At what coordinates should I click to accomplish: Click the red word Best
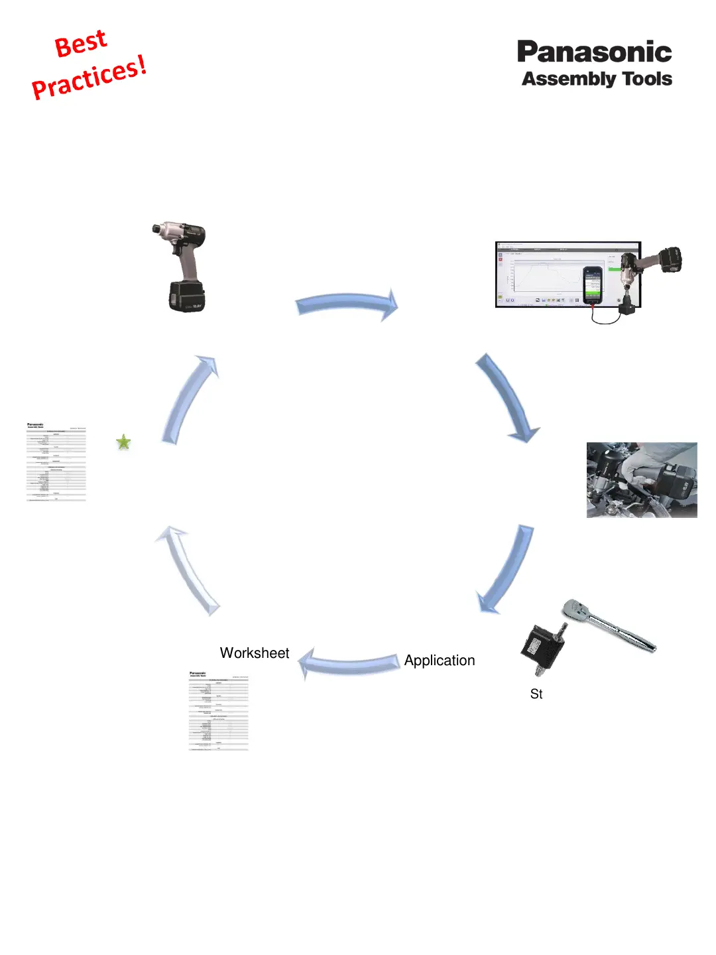(x=80, y=44)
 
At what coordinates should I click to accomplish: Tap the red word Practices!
(x=89, y=78)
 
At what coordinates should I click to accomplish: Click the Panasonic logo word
(x=594, y=52)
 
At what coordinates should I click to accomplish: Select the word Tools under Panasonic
(x=647, y=79)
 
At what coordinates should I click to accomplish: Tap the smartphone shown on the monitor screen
(x=592, y=285)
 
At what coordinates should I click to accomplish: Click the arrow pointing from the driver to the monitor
(x=347, y=304)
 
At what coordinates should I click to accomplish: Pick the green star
(x=123, y=442)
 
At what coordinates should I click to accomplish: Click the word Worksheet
(x=255, y=653)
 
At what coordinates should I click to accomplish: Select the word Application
(x=440, y=661)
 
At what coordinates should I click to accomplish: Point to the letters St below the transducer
(x=536, y=694)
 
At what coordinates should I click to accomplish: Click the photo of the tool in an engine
(x=642, y=480)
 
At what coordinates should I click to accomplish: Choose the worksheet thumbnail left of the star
(x=56, y=462)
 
